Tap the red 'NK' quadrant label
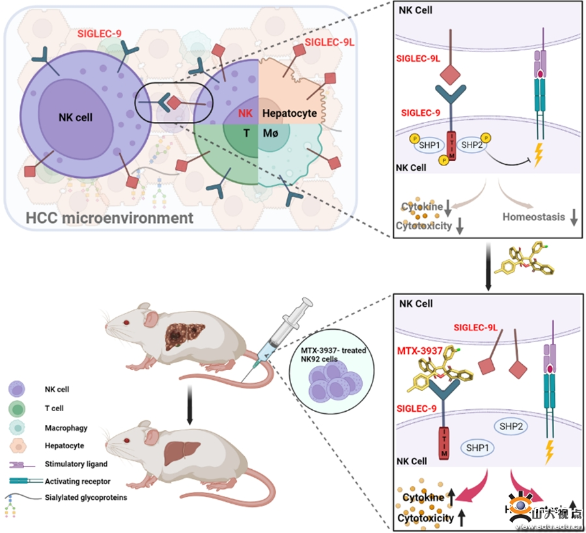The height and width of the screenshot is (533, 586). (245, 113)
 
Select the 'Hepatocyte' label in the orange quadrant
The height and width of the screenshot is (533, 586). (288, 113)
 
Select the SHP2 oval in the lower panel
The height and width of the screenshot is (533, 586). (512, 425)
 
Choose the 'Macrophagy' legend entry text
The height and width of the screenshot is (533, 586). (66, 427)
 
